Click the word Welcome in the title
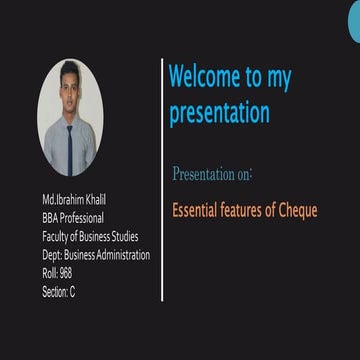pos(205,77)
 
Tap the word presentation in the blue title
pos(218,112)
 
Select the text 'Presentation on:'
pos(212,174)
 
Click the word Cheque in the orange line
pos(297,211)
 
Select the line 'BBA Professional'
pos(80,219)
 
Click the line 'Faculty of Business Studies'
pos(96,237)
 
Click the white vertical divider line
pos(162,180)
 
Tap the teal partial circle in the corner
pos(354,22)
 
